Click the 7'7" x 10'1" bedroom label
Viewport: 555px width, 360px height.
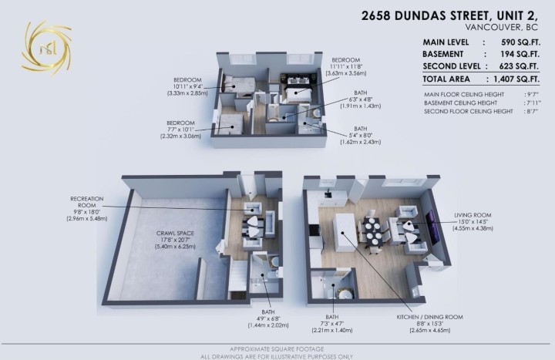[184, 129]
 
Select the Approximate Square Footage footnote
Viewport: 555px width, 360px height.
[277, 348]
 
